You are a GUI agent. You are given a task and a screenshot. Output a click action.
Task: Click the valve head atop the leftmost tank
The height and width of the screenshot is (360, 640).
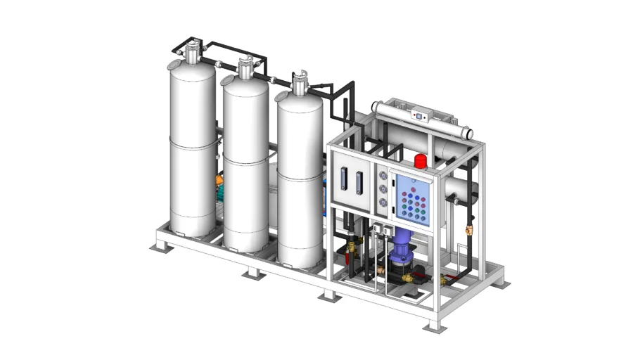point(191,51)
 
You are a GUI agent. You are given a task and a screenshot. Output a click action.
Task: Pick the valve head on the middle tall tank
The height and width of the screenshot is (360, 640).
point(245,67)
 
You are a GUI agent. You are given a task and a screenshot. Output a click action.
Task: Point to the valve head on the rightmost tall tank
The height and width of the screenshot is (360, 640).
point(300,82)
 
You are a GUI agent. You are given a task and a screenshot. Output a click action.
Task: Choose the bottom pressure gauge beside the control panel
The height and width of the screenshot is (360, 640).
point(383,203)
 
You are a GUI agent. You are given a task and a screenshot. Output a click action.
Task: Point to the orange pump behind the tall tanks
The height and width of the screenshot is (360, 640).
point(220,184)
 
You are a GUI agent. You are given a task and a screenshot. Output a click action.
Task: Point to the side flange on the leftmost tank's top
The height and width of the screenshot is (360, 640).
point(172,65)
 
